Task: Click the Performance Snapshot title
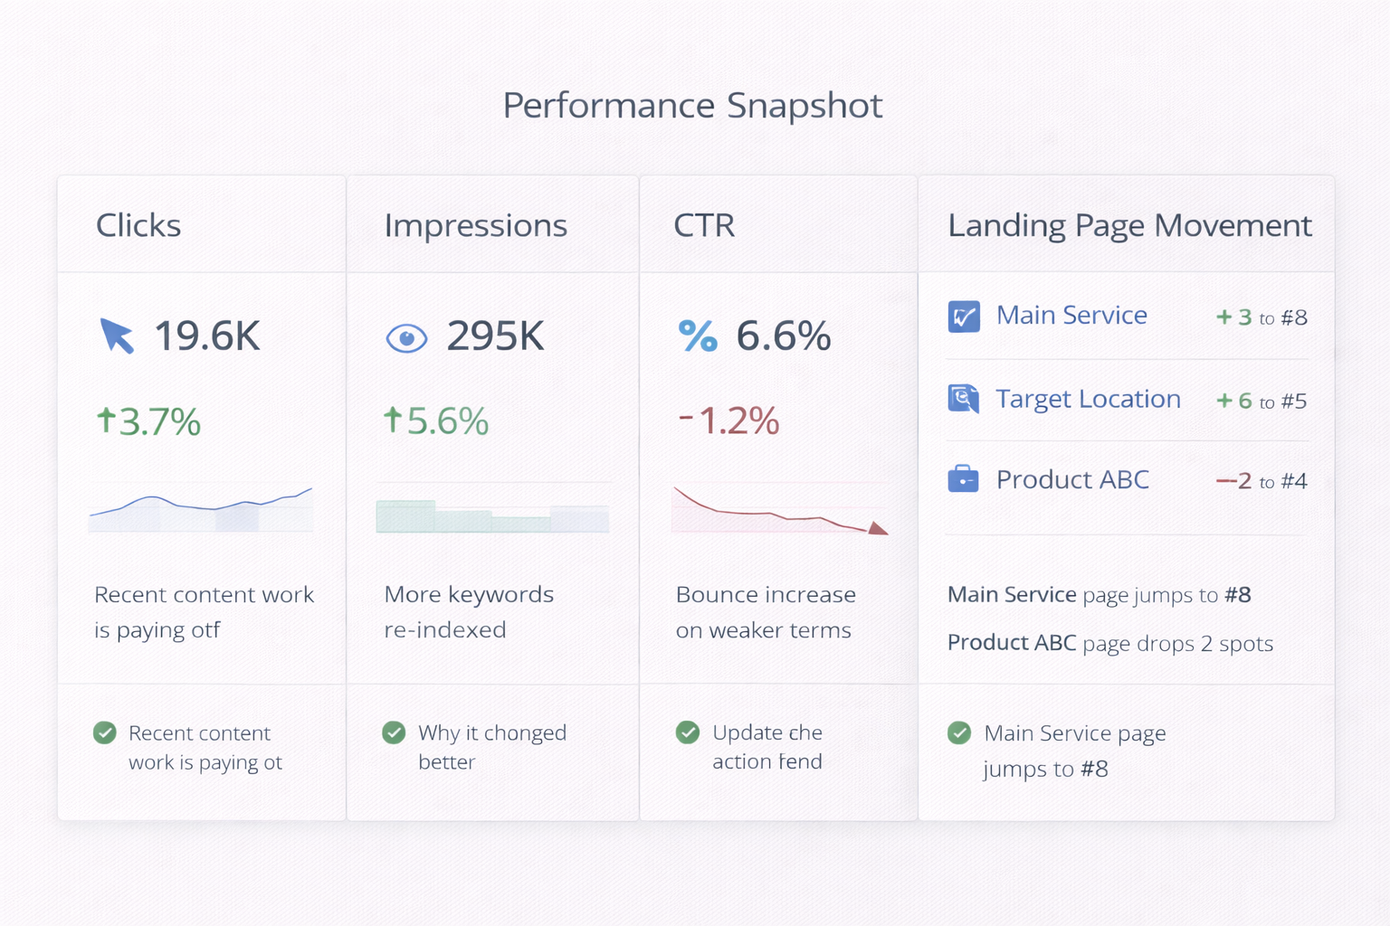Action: [x=692, y=106]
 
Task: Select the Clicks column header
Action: [x=138, y=225]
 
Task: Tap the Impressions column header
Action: [x=475, y=225]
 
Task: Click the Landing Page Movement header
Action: [x=1129, y=225]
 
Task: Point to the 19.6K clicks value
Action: [x=207, y=336]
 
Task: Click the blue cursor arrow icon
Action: [x=117, y=335]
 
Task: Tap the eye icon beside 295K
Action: [x=406, y=338]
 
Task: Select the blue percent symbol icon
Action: [x=698, y=336]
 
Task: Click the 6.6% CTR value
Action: [x=783, y=336]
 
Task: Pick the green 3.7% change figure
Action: [x=149, y=421]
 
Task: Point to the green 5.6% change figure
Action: [x=437, y=421]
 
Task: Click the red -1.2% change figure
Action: [x=729, y=420]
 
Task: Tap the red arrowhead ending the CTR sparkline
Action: [x=877, y=528]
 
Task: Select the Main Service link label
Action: [x=1071, y=316]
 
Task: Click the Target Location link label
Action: [x=1088, y=399]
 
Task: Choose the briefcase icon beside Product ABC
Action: [x=963, y=478]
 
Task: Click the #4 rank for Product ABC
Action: [x=1294, y=481]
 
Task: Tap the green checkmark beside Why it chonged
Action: [x=394, y=732]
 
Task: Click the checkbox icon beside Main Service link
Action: [x=964, y=317]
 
